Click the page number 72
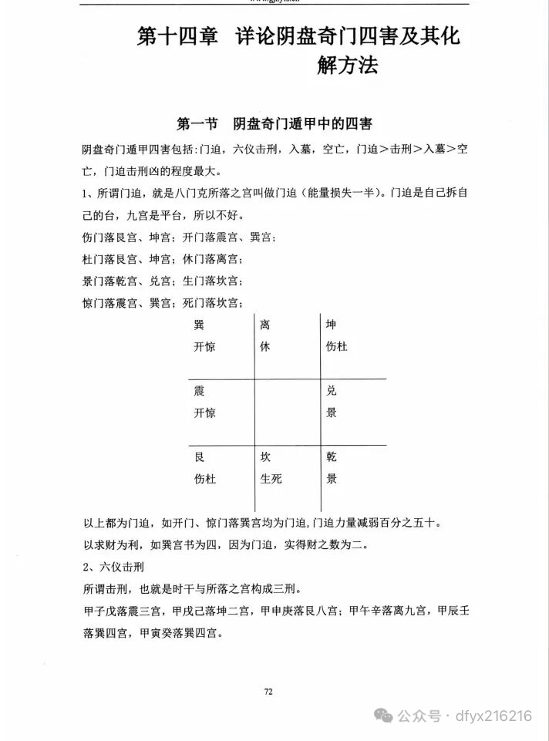click(x=268, y=691)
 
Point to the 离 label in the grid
click(x=265, y=325)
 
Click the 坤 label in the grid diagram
click(x=332, y=325)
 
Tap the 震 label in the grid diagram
click(x=199, y=391)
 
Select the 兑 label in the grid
click(x=332, y=391)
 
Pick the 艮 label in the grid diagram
click(x=199, y=457)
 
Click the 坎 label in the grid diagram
click(x=265, y=457)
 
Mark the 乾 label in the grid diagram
click(x=332, y=457)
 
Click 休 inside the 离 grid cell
click(x=265, y=347)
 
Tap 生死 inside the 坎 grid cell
click(x=271, y=479)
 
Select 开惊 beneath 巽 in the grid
click(x=204, y=347)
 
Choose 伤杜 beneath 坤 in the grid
click(x=337, y=347)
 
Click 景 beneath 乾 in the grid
click(x=332, y=479)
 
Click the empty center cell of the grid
click(x=287, y=412)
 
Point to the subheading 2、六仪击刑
click(x=115, y=568)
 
